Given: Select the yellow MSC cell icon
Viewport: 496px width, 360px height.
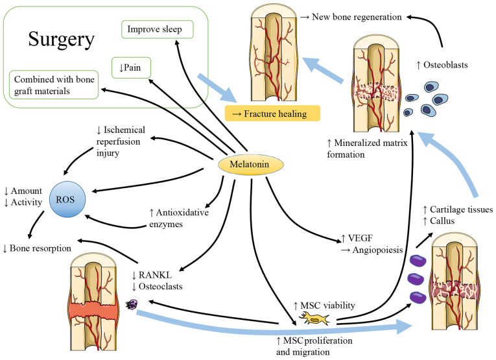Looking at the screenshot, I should tap(315, 318).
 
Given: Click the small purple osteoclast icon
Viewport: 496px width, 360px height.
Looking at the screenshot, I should tap(136, 304).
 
